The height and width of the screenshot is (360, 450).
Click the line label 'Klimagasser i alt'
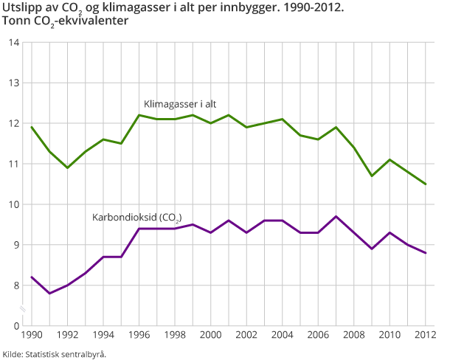tap(179, 104)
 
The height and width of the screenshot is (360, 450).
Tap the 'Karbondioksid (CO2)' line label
tap(136, 218)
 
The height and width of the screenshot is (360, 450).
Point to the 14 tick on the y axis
tap(14, 43)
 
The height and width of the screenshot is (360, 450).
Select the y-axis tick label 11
tap(14, 164)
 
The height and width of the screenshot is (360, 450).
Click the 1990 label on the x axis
tap(32, 336)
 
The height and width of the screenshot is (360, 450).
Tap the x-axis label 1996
tap(139, 336)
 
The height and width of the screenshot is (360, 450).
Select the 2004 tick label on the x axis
tap(283, 336)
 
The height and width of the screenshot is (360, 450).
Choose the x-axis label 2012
tap(426, 336)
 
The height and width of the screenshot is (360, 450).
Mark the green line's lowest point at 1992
tap(67, 167)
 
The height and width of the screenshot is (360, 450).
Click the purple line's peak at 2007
tap(336, 216)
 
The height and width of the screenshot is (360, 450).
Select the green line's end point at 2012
tap(426, 184)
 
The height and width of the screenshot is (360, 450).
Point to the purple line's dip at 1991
tap(49, 294)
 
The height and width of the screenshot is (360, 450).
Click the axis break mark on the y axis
tap(22, 306)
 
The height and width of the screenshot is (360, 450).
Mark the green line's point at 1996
tap(139, 115)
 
